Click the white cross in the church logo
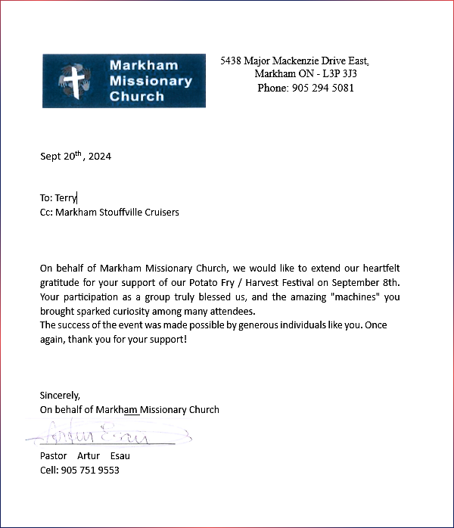73,81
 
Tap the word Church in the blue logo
136,97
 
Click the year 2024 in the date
99,157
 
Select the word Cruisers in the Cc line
160,213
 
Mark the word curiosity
157,311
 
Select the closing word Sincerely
60,395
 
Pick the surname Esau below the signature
120,456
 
